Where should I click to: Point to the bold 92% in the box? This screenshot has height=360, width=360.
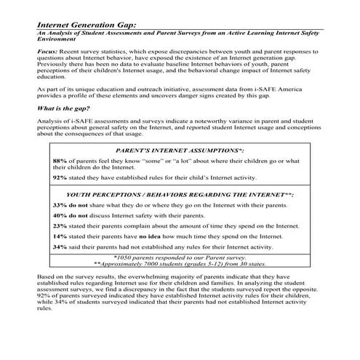pyautogui.click(x=60, y=177)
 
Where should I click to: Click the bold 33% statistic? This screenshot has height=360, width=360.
pyautogui.click(x=60, y=206)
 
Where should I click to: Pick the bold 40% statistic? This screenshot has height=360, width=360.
pyautogui.click(x=60, y=216)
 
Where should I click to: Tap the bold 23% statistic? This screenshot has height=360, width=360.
pyautogui.click(x=60, y=226)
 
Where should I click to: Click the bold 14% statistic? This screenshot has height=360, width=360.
pyautogui.click(x=60, y=236)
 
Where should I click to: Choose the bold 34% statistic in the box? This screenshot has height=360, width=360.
pyautogui.click(x=60, y=247)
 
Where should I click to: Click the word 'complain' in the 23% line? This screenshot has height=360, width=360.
pyautogui.click(x=148, y=226)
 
